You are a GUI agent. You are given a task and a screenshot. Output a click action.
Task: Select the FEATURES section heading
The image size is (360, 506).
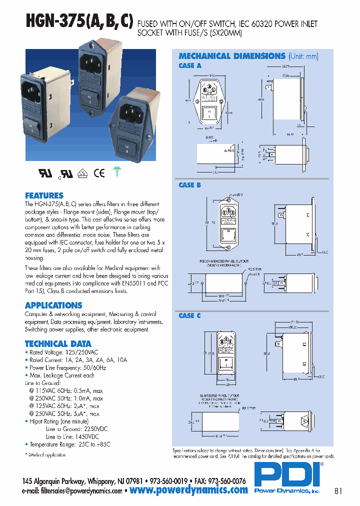coord(44,195)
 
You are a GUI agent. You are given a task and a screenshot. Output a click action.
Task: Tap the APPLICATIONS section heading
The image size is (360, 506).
coord(53,305)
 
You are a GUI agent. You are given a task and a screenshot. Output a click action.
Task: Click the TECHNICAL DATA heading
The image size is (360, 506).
coord(58,343)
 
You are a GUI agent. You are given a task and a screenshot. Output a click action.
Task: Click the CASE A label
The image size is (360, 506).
coord(190,65)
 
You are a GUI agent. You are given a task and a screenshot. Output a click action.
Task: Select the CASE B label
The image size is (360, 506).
coord(190,185)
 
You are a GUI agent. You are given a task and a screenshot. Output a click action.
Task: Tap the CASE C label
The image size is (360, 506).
coord(190,315)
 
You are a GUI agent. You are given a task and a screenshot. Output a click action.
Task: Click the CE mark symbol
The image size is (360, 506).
coord(99,173)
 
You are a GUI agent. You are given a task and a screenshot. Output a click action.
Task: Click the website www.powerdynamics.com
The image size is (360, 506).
coord(188,490)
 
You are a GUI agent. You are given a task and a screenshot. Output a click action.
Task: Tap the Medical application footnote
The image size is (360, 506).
coord(45,455)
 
